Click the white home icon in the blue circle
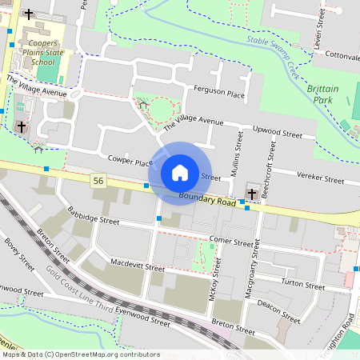[180, 172]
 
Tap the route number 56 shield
[98, 181]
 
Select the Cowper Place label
[130, 162]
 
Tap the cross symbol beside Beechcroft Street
[252, 194]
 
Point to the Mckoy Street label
[214, 278]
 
